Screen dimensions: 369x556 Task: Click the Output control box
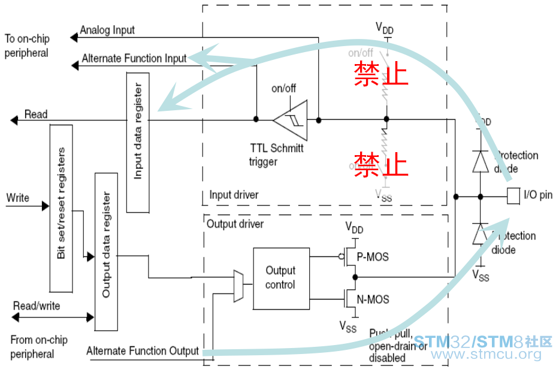pyautogui.click(x=280, y=277)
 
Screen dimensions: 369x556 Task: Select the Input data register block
pyautogui.click(x=138, y=141)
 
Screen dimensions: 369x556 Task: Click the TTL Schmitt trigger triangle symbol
pyautogui.click(x=291, y=120)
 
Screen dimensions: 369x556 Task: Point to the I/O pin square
pyautogui.click(x=512, y=195)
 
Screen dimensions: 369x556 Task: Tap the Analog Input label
pyautogui.click(x=107, y=30)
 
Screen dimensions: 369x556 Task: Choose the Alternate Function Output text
pyautogui.click(x=143, y=351)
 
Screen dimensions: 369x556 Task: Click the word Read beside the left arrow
pyautogui.click(x=36, y=114)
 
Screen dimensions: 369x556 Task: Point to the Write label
pyautogui.click(x=17, y=198)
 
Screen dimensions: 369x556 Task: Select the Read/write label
pyautogui.click(x=37, y=306)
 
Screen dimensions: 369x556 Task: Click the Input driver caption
pyautogui.click(x=234, y=195)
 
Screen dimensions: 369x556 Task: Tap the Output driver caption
pyautogui.click(x=235, y=224)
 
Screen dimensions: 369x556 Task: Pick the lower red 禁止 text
pyautogui.click(x=381, y=164)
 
